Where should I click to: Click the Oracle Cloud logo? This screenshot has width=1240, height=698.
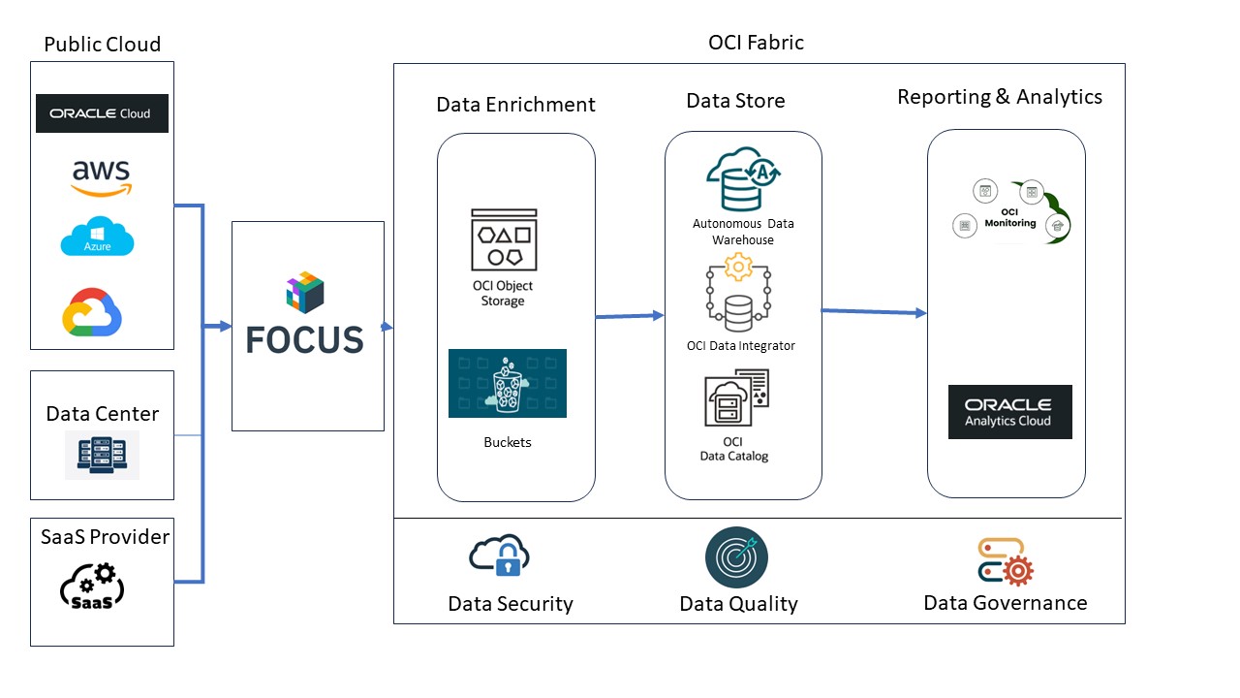(102, 113)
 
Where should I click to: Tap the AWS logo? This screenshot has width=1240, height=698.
(101, 176)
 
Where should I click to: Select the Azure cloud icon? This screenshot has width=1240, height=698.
(97, 237)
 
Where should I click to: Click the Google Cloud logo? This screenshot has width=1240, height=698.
(92, 311)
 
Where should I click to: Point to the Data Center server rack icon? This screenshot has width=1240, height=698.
(102, 455)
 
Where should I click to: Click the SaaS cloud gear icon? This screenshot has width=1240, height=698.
(93, 586)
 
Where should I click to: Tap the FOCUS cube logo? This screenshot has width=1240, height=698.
(305, 294)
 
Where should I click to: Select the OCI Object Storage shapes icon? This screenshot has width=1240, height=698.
(503, 240)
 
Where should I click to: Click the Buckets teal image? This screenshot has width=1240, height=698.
(508, 383)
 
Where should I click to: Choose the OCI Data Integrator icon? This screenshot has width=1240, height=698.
(739, 293)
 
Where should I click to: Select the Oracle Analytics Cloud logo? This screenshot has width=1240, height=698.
(1009, 412)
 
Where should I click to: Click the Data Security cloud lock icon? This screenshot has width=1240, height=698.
(500, 557)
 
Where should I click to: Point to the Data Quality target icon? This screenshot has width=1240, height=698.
(736, 557)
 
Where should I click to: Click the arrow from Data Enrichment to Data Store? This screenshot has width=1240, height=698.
(630, 315)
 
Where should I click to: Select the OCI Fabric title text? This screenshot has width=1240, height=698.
(756, 43)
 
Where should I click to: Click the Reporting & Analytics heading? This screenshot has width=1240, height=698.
(999, 97)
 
